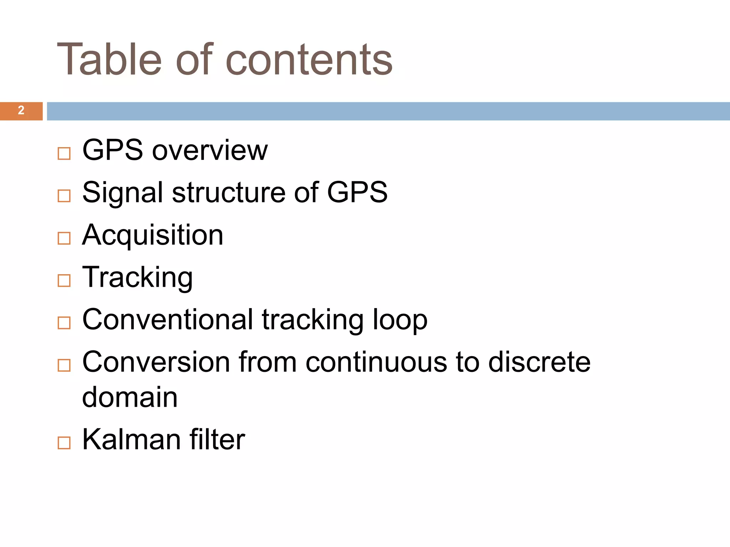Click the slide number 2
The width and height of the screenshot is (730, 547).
pyautogui.click(x=21, y=110)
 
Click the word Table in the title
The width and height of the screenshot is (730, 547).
pyautogui.click(x=109, y=59)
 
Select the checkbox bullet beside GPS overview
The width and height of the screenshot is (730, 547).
pyautogui.click(x=64, y=153)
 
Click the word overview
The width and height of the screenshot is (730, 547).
pyautogui.click(x=210, y=150)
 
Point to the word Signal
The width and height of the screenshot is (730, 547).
pyautogui.click(x=123, y=193)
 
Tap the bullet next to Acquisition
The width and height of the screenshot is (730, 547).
pyautogui.click(x=64, y=238)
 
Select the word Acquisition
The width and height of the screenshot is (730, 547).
pyautogui.click(x=153, y=235)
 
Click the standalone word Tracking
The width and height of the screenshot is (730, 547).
pyautogui.click(x=138, y=277)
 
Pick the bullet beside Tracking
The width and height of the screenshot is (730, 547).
pyautogui.click(x=64, y=280)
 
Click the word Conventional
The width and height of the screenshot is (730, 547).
pyautogui.click(x=168, y=319)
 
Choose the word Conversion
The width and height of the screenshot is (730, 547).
pyautogui.click(x=156, y=362)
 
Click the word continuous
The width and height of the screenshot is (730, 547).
pyautogui.click(x=376, y=362)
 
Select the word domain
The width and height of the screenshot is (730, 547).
pyautogui.click(x=130, y=397)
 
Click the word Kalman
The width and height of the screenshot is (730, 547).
pyautogui.click(x=132, y=439)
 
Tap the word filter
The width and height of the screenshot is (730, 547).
pyautogui.click(x=217, y=439)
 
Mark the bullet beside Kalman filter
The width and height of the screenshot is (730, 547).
pyautogui.click(x=64, y=443)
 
